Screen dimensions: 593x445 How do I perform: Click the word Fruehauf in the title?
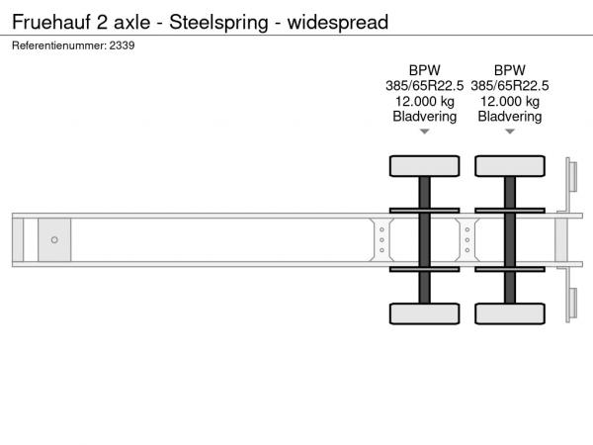pyautogui.click(x=51, y=22)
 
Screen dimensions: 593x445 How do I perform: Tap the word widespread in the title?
pyautogui.click(x=338, y=23)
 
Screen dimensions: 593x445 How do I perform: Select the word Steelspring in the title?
pyautogui.click(x=218, y=23)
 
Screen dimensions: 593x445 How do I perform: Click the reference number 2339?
pyautogui.click(x=122, y=45)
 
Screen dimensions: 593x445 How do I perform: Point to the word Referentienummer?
pyautogui.click(x=59, y=45)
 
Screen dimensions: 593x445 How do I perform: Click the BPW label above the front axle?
pyautogui.click(x=425, y=70)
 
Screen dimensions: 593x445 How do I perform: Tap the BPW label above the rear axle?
pyautogui.click(x=510, y=70)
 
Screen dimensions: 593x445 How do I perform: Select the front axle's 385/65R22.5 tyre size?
pyautogui.click(x=425, y=86)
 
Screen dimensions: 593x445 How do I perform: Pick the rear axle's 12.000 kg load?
pyautogui.click(x=510, y=102)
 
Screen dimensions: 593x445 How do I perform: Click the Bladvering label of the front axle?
pyautogui.click(x=425, y=117)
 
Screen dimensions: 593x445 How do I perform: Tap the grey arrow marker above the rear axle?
pyautogui.click(x=510, y=132)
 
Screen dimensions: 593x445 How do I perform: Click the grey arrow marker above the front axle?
pyautogui.click(x=425, y=132)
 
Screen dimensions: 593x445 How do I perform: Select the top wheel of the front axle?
pyautogui.click(x=425, y=166)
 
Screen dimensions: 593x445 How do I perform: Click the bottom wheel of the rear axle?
pyautogui.click(x=510, y=313)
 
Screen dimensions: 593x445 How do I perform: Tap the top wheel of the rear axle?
pyautogui.click(x=510, y=166)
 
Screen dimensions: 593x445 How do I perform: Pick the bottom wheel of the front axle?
pyautogui.click(x=425, y=313)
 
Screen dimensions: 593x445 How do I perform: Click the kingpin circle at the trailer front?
pyautogui.click(x=54, y=240)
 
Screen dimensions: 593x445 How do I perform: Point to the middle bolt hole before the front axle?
pyautogui.click(x=381, y=240)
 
